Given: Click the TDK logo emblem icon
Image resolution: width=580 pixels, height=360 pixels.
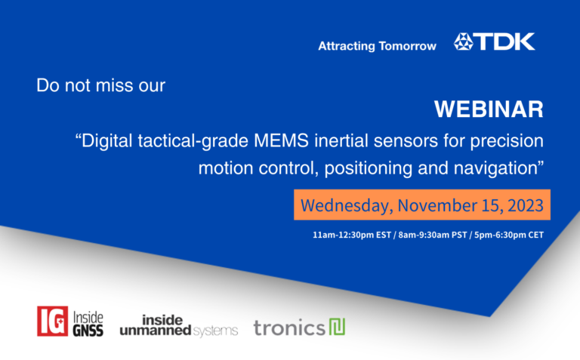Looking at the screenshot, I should click(x=465, y=42).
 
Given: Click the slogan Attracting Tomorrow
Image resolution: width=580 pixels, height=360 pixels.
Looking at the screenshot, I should click(x=377, y=46).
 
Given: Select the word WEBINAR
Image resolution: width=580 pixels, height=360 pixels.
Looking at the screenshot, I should click(x=489, y=109).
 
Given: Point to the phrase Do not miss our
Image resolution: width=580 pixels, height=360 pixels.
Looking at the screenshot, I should click(x=100, y=85).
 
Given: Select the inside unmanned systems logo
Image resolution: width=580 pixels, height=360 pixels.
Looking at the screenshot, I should click(x=178, y=325).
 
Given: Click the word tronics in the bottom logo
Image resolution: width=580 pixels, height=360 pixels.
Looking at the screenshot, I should click(x=289, y=328).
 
